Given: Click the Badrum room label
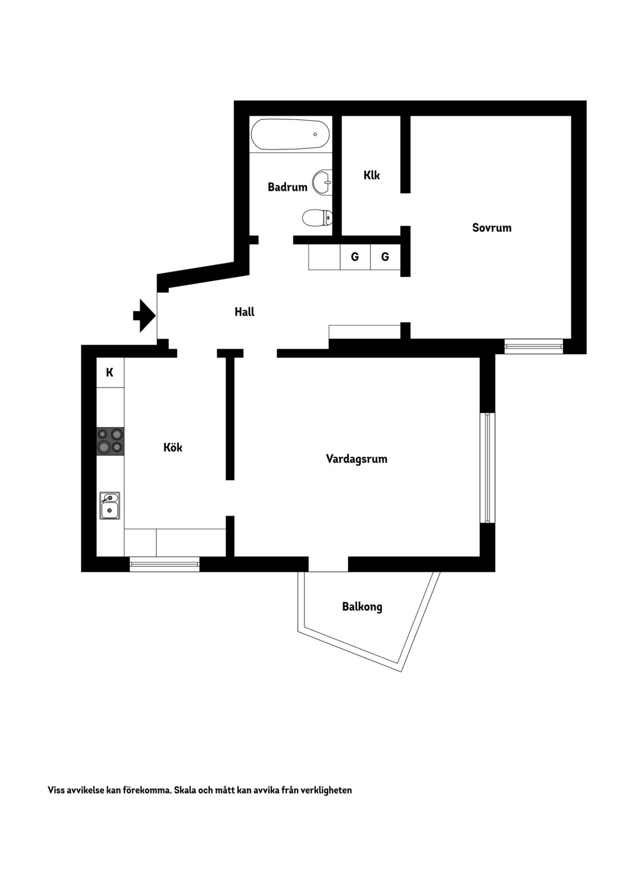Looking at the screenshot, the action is pos(288,187).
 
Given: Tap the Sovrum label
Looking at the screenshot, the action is pos(492,228).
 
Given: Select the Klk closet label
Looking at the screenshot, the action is pos(372,175).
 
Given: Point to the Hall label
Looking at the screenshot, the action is pos(244,312).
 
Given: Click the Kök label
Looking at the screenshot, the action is pos(173,447).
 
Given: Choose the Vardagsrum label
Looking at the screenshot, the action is pos(357,459).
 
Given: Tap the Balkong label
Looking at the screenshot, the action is pos(362,607).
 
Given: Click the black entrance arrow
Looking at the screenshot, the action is pos(144,315).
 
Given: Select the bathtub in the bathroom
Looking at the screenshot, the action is pos(290,135).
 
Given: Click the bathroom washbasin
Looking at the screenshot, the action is pos(322,182).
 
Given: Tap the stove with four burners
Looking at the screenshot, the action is pos(110,441).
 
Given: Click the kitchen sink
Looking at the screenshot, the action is pos(110,505).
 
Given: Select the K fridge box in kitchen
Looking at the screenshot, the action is pos(110,373).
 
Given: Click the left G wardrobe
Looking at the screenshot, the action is pos(355,257).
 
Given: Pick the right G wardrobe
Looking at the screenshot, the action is pos(385,257).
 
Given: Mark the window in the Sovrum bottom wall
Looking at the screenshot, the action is pos(534,347).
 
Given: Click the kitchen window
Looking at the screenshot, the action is pos(164,564).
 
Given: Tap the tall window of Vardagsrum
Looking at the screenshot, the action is pos(487,468).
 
